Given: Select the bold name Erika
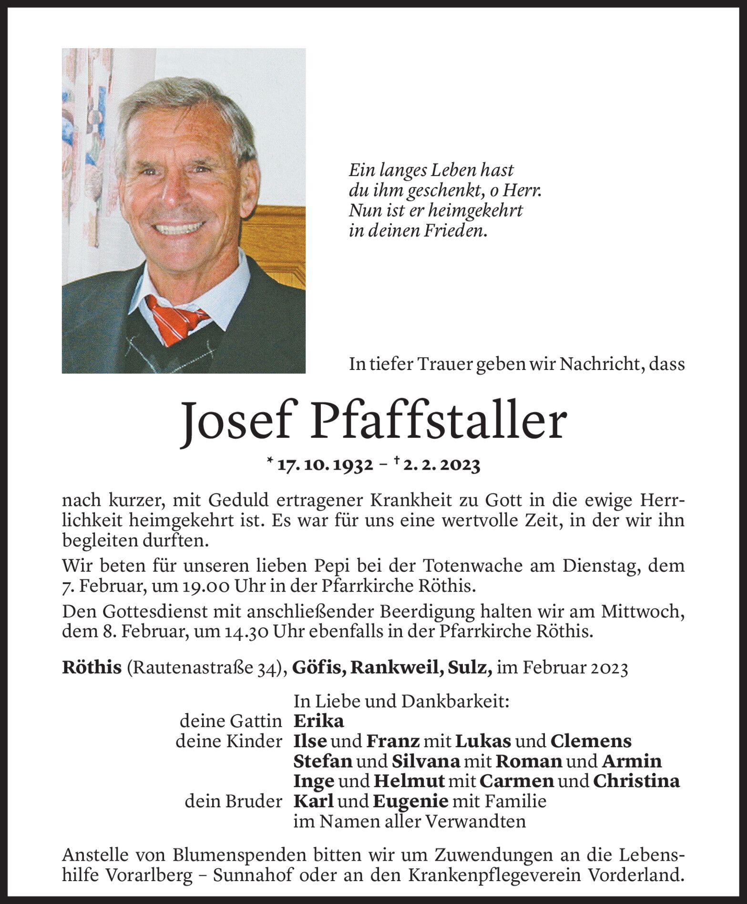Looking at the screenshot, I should [318, 721].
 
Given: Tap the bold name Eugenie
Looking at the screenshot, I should [410, 801].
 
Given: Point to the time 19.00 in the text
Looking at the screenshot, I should [208, 586].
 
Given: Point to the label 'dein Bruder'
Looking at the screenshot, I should [234, 801].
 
